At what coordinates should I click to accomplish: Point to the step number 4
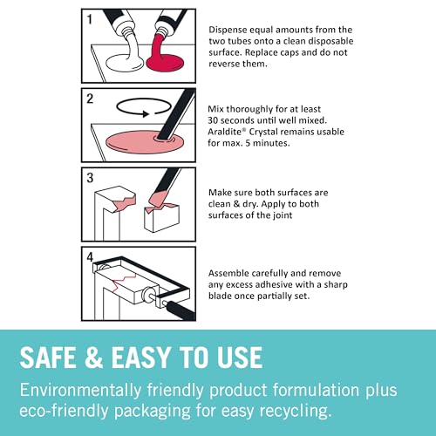[x=90, y=255]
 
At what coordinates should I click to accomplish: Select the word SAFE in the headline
[x=57, y=358]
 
